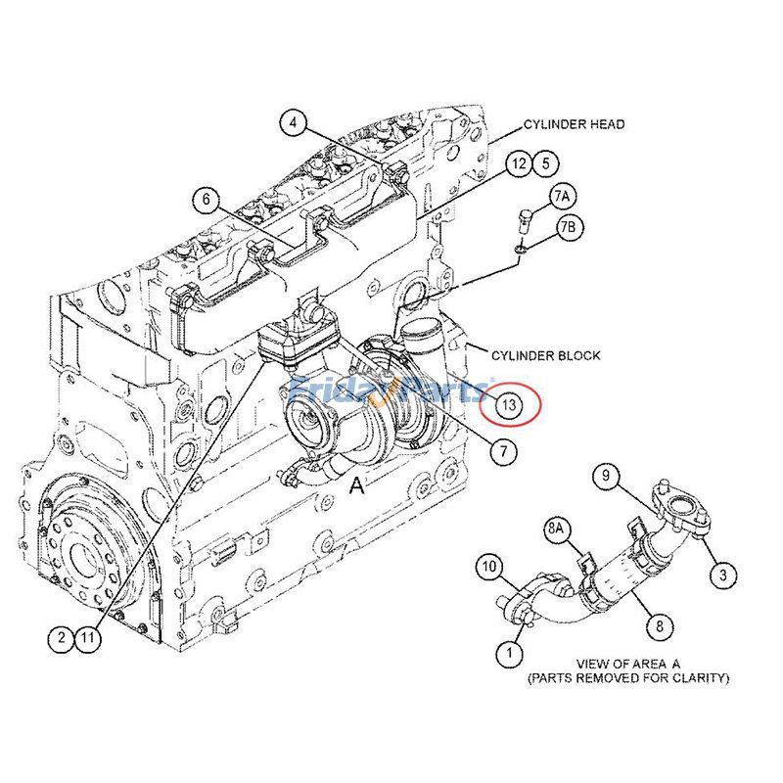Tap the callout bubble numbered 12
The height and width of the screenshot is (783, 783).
[519, 163]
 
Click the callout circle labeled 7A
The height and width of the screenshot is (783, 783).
[561, 196]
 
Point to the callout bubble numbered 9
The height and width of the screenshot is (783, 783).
[607, 477]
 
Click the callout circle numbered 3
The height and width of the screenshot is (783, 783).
[722, 575]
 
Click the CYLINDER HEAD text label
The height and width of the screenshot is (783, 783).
[574, 124]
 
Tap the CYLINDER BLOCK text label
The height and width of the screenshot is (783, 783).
[545, 355]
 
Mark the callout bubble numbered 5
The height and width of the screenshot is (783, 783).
[545, 163]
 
